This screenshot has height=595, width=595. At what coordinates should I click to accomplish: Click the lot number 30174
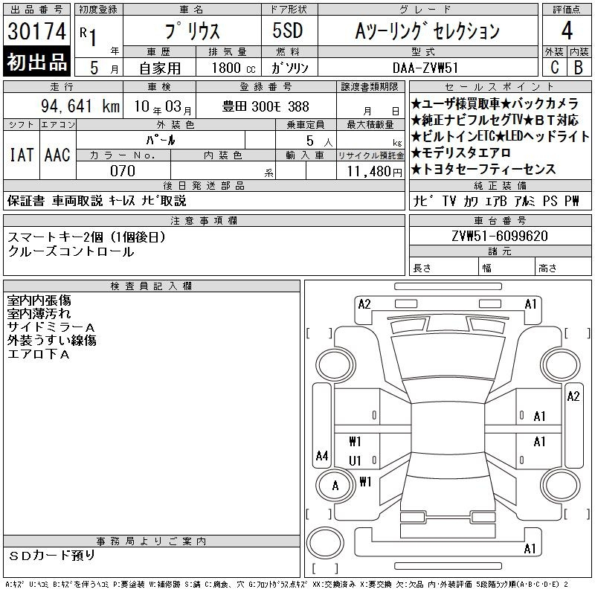pos(36,30)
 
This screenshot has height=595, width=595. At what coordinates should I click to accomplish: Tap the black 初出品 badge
pos(36,62)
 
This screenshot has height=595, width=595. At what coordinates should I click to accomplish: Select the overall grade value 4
pos(567,30)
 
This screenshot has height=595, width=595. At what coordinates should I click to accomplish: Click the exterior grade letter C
pos(554,67)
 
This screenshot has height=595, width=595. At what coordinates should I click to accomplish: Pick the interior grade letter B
pos(579,67)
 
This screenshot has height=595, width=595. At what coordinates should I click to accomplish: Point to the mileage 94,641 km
pos(80,106)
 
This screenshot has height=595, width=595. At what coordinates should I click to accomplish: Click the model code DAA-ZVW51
pos(425,68)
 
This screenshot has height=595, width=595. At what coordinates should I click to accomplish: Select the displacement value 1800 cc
pos(234,68)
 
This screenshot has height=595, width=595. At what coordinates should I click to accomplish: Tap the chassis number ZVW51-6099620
pos(500,236)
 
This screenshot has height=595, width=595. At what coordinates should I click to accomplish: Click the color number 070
pos(123,171)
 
